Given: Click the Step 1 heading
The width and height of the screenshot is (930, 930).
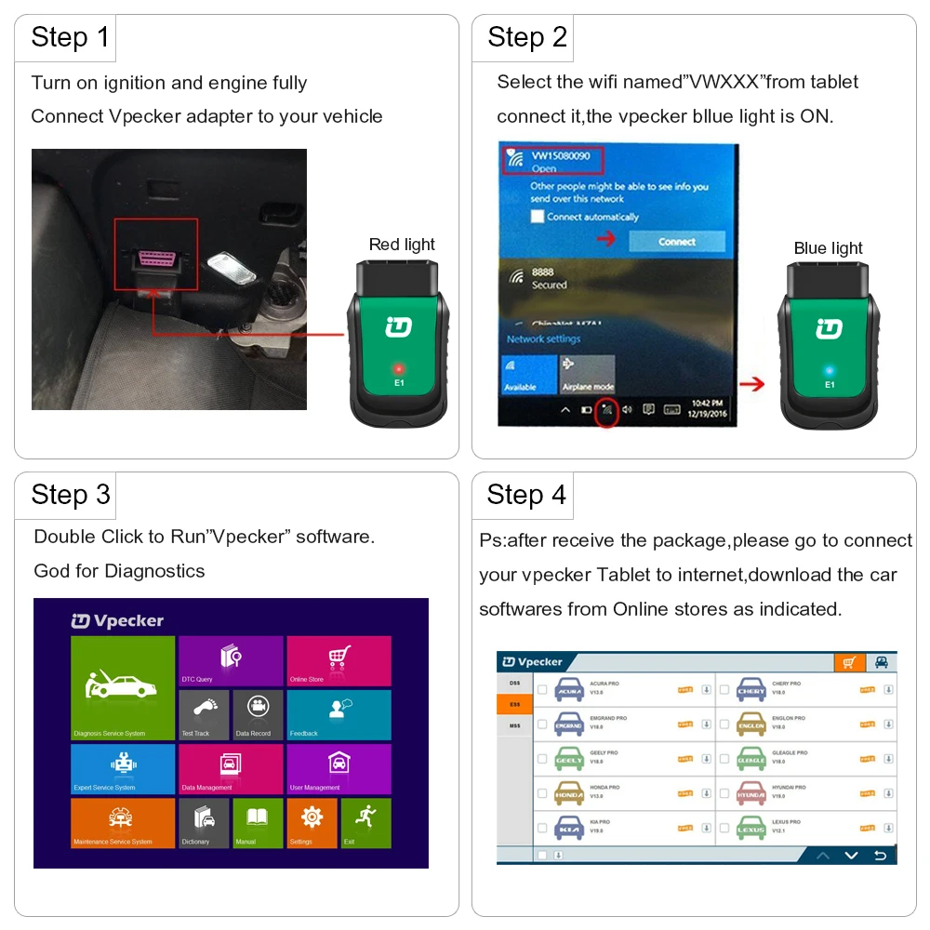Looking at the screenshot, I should (70, 37).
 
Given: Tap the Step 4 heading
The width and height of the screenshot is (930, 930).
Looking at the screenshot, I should (526, 495).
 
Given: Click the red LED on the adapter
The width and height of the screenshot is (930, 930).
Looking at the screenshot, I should (398, 369).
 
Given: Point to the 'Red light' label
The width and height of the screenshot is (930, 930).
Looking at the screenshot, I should (402, 245).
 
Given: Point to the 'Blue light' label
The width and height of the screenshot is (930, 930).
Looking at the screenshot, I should (828, 248).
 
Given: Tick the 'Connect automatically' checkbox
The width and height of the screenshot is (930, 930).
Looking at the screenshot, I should (537, 217).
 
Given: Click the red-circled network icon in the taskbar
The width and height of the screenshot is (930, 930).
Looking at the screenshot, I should (606, 409).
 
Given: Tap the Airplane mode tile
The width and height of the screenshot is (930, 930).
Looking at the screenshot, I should (586, 374).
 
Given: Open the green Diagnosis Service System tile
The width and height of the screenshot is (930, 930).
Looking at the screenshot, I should (123, 688).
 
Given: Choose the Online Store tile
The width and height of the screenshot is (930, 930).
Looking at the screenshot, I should (339, 661).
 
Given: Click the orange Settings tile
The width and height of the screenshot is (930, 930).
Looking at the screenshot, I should (312, 823).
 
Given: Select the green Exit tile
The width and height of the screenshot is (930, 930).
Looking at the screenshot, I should (365, 823).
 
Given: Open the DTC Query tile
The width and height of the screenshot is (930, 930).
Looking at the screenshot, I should (231, 661).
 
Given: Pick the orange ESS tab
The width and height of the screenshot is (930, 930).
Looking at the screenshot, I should (514, 704).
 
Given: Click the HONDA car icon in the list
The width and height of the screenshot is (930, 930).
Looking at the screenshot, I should (569, 794).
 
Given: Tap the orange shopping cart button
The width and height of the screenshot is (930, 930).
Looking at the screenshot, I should (847, 662).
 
